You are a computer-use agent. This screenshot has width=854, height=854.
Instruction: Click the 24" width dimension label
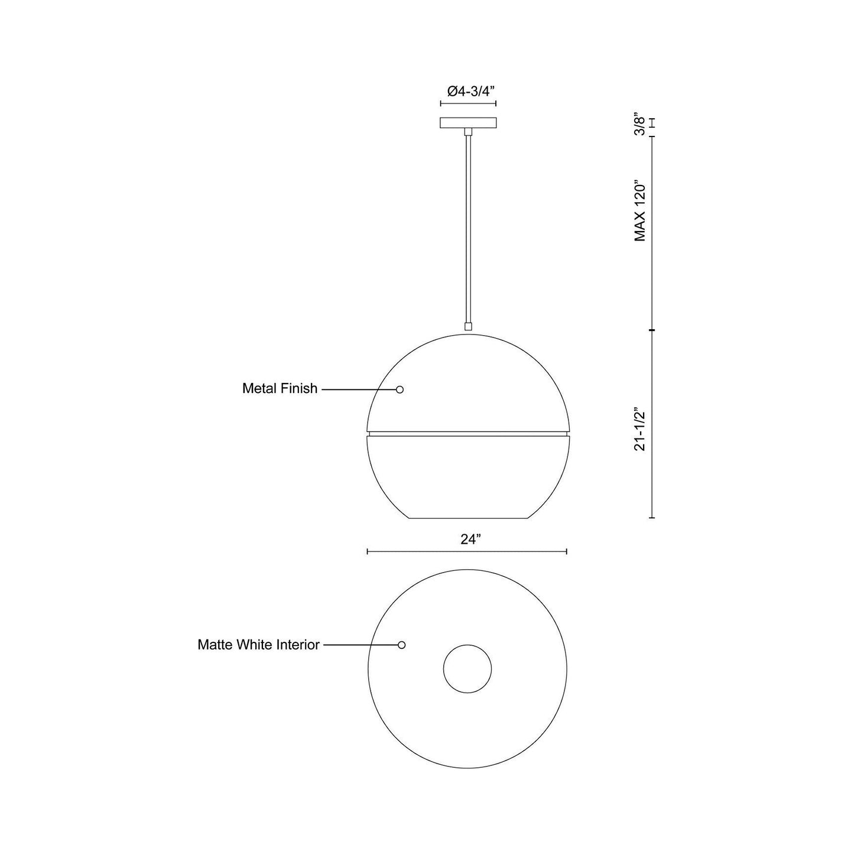pos(470,539)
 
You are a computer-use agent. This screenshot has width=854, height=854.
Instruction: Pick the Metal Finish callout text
pos(280,388)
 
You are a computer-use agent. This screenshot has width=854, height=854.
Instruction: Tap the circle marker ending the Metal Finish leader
pos(400,389)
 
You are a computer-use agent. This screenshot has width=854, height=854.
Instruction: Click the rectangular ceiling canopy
pos(468,123)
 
